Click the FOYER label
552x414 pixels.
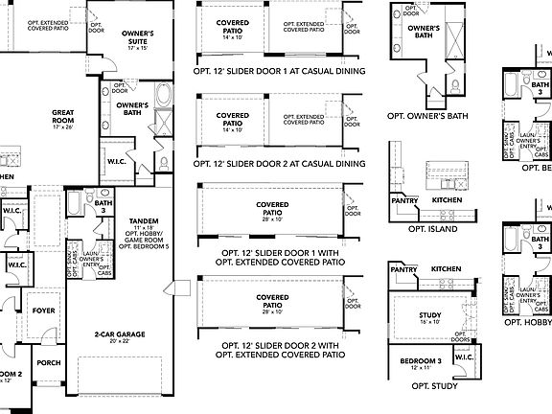click(x=44, y=310)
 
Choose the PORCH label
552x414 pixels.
click(x=48, y=362)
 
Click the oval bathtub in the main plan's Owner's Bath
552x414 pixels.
click(x=162, y=96)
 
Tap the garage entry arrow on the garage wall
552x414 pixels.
click(x=169, y=287)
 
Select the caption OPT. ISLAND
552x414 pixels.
click(x=431, y=230)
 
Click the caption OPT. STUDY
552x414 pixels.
click(x=433, y=385)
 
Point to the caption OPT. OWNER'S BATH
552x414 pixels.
click(x=427, y=116)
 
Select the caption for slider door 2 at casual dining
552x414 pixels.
click(x=280, y=164)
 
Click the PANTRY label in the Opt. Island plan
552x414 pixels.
click(x=404, y=200)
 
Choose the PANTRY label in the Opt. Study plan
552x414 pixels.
click(x=404, y=271)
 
